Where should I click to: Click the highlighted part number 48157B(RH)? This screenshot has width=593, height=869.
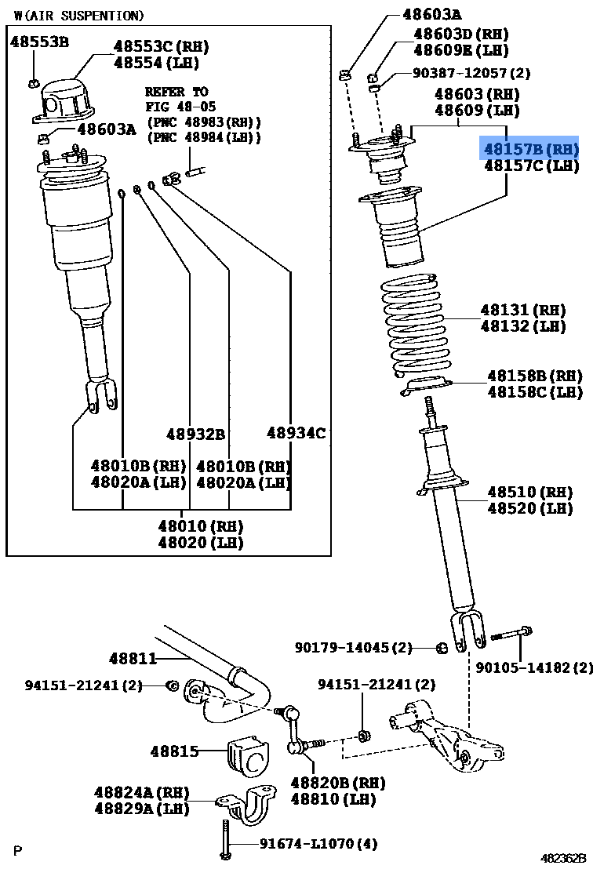click(x=530, y=148)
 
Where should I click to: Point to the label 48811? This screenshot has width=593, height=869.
click(x=133, y=659)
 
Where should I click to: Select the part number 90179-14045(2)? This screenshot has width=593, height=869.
click(x=353, y=648)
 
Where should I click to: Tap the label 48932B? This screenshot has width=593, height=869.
click(x=195, y=434)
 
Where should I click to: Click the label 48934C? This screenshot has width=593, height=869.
click(x=296, y=432)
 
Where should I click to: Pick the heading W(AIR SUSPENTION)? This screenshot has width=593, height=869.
click(x=79, y=16)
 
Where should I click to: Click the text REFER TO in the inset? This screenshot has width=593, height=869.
click(x=176, y=92)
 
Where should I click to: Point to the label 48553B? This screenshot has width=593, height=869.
click(x=39, y=42)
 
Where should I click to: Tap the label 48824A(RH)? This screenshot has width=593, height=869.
click(x=142, y=792)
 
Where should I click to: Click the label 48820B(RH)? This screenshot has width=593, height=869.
click(x=338, y=782)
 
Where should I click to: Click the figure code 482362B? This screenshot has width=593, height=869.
click(x=562, y=859)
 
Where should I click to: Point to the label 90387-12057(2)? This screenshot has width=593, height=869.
click(x=471, y=73)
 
